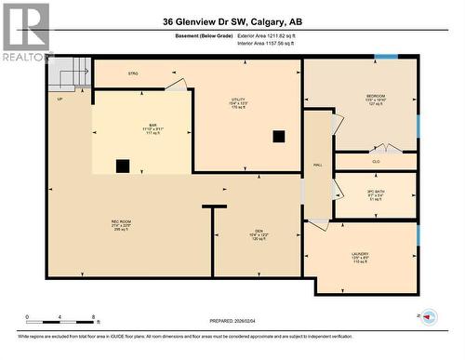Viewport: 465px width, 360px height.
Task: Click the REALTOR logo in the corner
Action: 26,32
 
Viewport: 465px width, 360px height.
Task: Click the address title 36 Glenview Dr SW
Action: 232,21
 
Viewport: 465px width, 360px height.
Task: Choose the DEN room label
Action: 259,233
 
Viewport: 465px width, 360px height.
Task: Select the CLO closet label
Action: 376,162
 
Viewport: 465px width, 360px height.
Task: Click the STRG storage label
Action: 133,73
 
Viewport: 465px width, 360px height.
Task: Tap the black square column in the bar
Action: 122,167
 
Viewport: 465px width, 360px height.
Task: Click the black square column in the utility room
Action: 278,136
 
